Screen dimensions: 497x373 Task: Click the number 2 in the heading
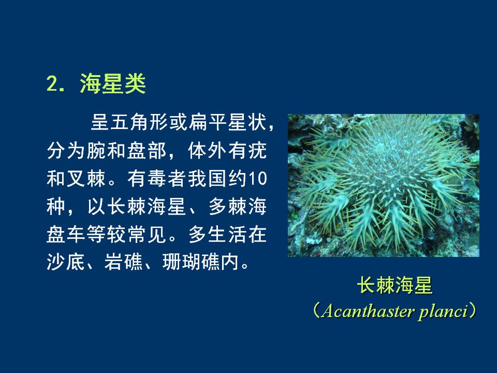coord(52,84)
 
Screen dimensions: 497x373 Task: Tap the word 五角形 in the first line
coord(139,122)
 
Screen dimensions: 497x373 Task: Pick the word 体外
coord(207,150)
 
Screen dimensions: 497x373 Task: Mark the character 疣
coord(257,150)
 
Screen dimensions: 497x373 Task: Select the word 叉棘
coord(85,179)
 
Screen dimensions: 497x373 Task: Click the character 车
coord(76,235)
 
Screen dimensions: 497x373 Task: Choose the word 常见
coord(147,235)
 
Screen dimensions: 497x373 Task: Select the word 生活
coord(228,235)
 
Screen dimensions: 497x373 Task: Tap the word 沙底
coord(66,262)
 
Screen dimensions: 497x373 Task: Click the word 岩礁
coord(124,262)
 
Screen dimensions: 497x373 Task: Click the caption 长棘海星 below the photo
coord(394,285)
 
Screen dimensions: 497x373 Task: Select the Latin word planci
coord(443,312)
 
